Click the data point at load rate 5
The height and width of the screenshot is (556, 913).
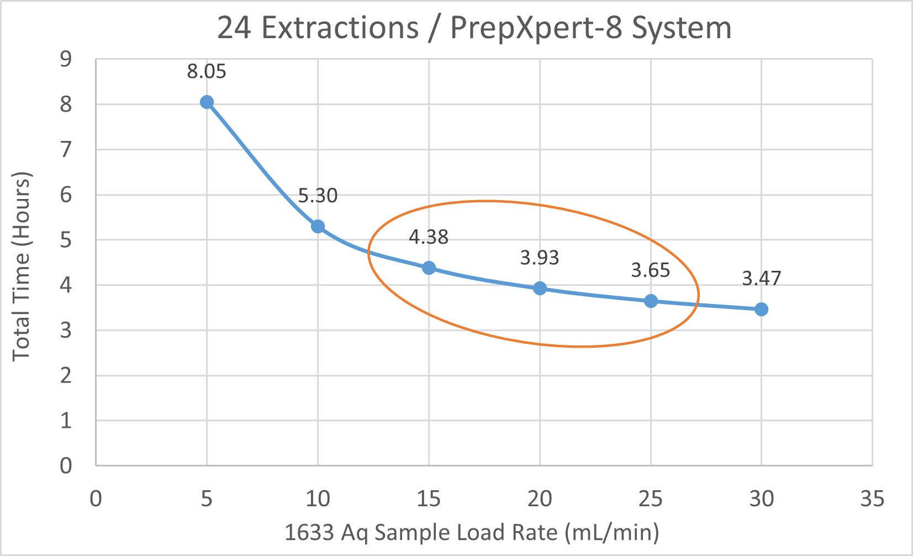point(207,102)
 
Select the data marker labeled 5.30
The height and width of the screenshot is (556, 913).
point(318,226)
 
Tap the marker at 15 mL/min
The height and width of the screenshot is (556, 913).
point(429,268)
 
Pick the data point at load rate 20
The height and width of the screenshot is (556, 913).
point(540,288)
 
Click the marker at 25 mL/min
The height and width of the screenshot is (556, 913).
point(651,301)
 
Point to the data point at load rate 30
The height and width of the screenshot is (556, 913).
point(761,309)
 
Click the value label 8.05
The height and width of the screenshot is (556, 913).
point(207,72)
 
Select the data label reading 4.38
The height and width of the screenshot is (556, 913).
point(429,237)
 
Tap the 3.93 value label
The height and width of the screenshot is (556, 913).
point(540,258)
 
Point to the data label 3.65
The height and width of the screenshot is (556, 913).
point(651,270)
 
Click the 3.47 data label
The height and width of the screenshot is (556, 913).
point(761,279)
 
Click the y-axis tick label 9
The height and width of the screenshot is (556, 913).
point(66,59)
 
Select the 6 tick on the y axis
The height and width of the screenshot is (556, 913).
point(66,195)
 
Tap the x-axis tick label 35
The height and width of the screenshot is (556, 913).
point(872,499)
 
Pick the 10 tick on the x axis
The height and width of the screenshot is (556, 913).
point(318,499)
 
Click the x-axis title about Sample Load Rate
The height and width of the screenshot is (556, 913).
point(472,533)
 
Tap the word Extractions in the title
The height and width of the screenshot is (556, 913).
point(340,28)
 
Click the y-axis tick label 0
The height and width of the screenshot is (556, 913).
point(66,466)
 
